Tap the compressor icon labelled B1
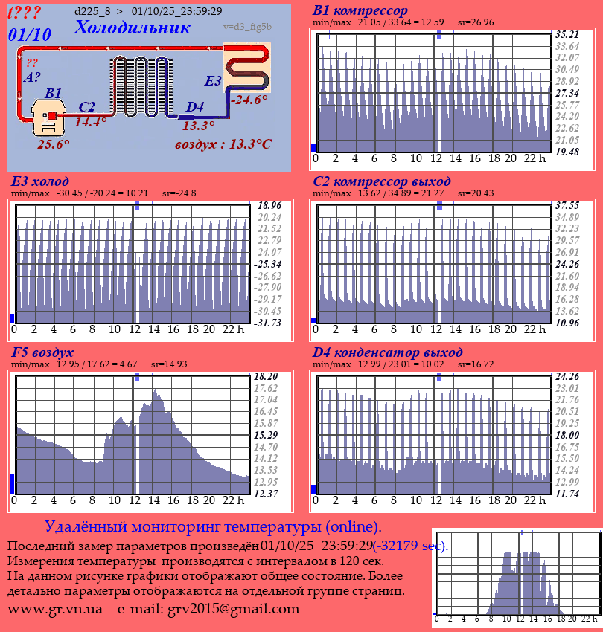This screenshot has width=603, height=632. [x=49, y=118]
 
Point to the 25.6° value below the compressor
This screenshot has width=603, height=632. [x=54, y=144]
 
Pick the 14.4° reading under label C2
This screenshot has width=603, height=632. [x=91, y=122]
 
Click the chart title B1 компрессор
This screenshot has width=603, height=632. [x=360, y=10]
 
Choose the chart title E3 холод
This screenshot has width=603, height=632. [x=40, y=181]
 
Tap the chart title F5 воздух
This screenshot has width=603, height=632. [x=42, y=352]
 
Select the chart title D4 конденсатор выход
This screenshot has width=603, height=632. [x=388, y=352]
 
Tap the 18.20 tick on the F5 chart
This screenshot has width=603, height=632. [x=266, y=376]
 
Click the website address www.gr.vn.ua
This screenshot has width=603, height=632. [x=55, y=609]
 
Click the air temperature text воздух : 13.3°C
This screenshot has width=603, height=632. [x=223, y=144]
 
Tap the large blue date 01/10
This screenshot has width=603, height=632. [x=31, y=34]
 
